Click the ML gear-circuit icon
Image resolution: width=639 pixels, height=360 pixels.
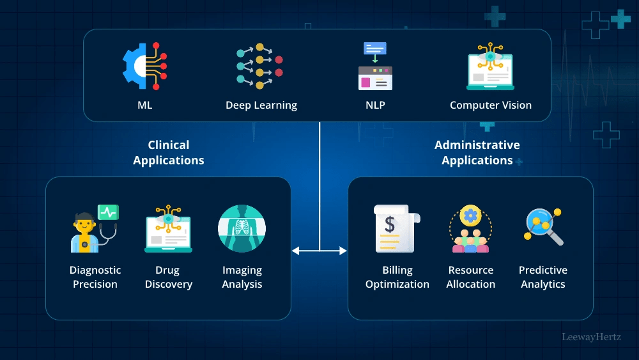pyautogui.click(x=145, y=67)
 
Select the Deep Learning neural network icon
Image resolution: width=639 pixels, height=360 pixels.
pyautogui.click(x=259, y=67)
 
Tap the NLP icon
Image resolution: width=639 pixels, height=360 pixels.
pyautogui.click(x=375, y=67)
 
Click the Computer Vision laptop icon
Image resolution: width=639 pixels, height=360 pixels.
pyautogui.click(x=490, y=67)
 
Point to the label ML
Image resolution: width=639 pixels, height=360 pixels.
pyautogui.click(x=145, y=105)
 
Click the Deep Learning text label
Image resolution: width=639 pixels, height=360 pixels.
pyautogui.click(x=261, y=105)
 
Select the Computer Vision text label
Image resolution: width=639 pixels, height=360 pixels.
pyautogui.click(x=491, y=105)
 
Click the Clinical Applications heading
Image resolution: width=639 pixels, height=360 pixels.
pyautogui.click(x=169, y=153)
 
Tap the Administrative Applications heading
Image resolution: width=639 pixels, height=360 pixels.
pyautogui.click(x=477, y=153)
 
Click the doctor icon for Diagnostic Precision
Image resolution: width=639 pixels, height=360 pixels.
pyautogui.click(x=94, y=228)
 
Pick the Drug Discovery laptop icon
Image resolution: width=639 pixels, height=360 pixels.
pyautogui.click(x=168, y=228)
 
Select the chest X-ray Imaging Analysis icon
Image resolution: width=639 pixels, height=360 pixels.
pyautogui.click(x=242, y=228)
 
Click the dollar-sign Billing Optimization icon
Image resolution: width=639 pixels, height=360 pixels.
pyautogui.click(x=397, y=228)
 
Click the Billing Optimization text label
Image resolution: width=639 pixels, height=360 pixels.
pyautogui.click(x=397, y=277)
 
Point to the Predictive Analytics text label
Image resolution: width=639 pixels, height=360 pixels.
pyautogui.click(x=543, y=277)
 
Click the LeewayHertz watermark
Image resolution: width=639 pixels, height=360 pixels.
pyautogui.click(x=591, y=336)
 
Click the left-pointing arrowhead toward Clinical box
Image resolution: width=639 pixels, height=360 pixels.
pyautogui.click(x=296, y=251)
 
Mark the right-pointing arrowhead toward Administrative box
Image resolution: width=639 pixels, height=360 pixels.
pyautogui.click(x=343, y=251)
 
